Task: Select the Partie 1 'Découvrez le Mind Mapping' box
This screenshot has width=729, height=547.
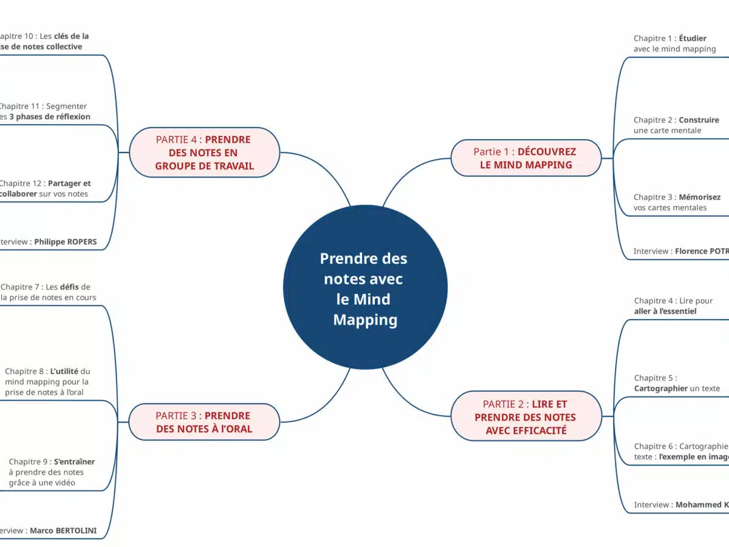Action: pos(525,158)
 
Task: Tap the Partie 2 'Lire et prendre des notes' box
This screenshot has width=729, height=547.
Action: pos(525,417)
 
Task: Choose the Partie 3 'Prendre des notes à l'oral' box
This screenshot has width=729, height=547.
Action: pos(204,422)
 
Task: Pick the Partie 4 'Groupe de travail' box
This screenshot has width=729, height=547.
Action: pos(204,153)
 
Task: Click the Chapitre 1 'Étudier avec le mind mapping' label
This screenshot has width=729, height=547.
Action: pos(674,44)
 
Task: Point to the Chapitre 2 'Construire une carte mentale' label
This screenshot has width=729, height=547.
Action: pos(676,125)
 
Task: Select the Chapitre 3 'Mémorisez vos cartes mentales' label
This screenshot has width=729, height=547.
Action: pos(676,202)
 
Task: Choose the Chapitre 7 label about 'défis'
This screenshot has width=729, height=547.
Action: pos(48,292)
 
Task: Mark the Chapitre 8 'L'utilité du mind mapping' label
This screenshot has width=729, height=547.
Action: pos(47,382)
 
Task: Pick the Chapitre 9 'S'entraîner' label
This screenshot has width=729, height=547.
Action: pos(51,472)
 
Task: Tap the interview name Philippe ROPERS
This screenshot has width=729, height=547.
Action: pos(65,242)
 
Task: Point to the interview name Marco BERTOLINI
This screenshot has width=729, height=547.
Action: pos(63,531)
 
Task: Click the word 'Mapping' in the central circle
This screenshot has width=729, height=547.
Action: pos(365,320)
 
